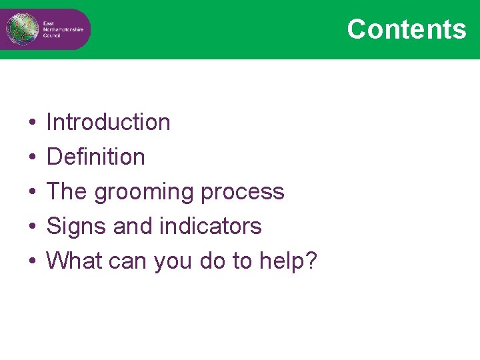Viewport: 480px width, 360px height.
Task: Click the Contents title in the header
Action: pos(406,29)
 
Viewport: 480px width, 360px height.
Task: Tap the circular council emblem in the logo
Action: pos(19,29)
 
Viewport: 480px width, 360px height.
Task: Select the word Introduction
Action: pos(108,122)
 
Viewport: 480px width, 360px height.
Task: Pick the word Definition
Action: pos(95,157)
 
